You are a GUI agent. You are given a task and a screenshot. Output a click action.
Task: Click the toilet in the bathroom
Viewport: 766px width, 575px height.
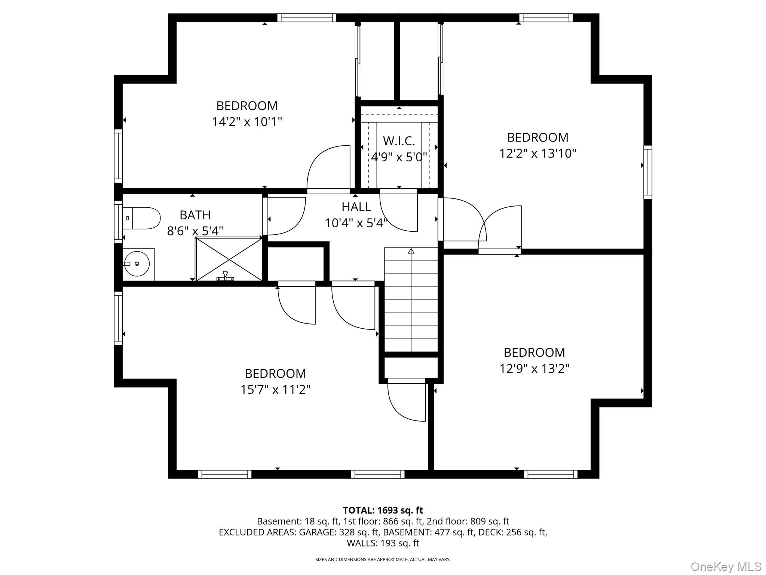point(142,218)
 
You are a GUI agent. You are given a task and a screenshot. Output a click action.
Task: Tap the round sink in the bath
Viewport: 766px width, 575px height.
point(137,264)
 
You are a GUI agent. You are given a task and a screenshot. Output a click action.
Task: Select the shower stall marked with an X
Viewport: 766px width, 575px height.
point(229,259)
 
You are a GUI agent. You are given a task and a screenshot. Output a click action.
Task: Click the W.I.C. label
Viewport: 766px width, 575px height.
point(399,141)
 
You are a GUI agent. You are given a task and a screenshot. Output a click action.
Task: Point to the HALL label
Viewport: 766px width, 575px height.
point(356,207)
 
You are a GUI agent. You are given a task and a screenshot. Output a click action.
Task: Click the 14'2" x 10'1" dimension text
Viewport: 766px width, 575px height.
point(247,122)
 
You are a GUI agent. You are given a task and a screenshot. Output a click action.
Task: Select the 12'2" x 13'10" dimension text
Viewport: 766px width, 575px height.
point(537,153)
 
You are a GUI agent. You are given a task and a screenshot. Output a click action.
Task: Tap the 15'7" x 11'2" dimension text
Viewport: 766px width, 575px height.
point(275,390)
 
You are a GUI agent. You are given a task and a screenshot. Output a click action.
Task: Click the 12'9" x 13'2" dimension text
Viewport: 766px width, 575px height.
point(534,369)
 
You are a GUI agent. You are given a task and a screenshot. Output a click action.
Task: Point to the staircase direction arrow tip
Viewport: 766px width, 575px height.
point(411,250)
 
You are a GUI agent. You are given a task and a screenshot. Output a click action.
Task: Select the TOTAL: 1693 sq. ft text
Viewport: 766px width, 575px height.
point(383,510)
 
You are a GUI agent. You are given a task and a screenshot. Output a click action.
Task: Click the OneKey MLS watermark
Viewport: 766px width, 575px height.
point(726,566)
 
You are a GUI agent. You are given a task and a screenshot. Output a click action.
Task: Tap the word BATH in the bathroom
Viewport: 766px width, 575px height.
point(195,215)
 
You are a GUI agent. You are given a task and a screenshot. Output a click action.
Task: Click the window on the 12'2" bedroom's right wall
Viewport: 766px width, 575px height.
point(647,172)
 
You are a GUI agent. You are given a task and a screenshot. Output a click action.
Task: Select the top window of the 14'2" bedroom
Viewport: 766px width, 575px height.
point(306,18)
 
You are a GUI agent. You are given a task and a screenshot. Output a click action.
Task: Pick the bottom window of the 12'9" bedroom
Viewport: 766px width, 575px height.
point(551,474)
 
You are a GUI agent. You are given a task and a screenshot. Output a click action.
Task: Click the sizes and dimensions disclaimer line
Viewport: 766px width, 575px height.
point(383,560)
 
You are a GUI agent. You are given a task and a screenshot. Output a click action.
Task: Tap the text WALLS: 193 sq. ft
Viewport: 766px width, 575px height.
point(383,543)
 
